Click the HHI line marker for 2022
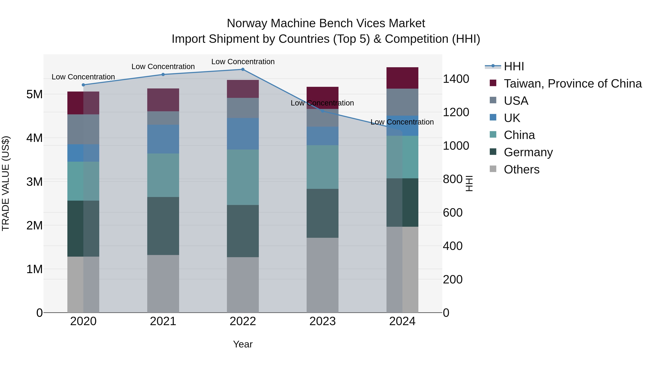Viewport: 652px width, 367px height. (x=243, y=69)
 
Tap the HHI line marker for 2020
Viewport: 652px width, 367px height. (x=83, y=85)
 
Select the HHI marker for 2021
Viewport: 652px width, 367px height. (x=163, y=74)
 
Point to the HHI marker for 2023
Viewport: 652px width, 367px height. (x=322, y=111)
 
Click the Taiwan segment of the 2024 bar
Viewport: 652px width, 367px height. (x=402, y=78)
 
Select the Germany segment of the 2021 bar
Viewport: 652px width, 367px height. (x=163, y=226)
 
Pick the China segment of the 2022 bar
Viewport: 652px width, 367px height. (x=243, y=177)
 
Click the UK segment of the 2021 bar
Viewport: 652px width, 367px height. (x=163, y=139)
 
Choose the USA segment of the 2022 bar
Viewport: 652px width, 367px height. (x=243, y=108)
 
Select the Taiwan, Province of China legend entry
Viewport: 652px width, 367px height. (x=572, y=84)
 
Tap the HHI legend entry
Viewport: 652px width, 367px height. (x=514, y=66)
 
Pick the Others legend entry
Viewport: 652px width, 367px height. (x=521, y=169)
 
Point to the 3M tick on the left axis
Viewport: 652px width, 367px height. (x=34, y=182)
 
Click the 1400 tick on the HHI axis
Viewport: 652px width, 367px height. (x=456, y=79)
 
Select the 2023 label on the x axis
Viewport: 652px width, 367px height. (x=322, y=321)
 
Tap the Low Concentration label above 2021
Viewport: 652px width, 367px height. (x=163, y=67)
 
